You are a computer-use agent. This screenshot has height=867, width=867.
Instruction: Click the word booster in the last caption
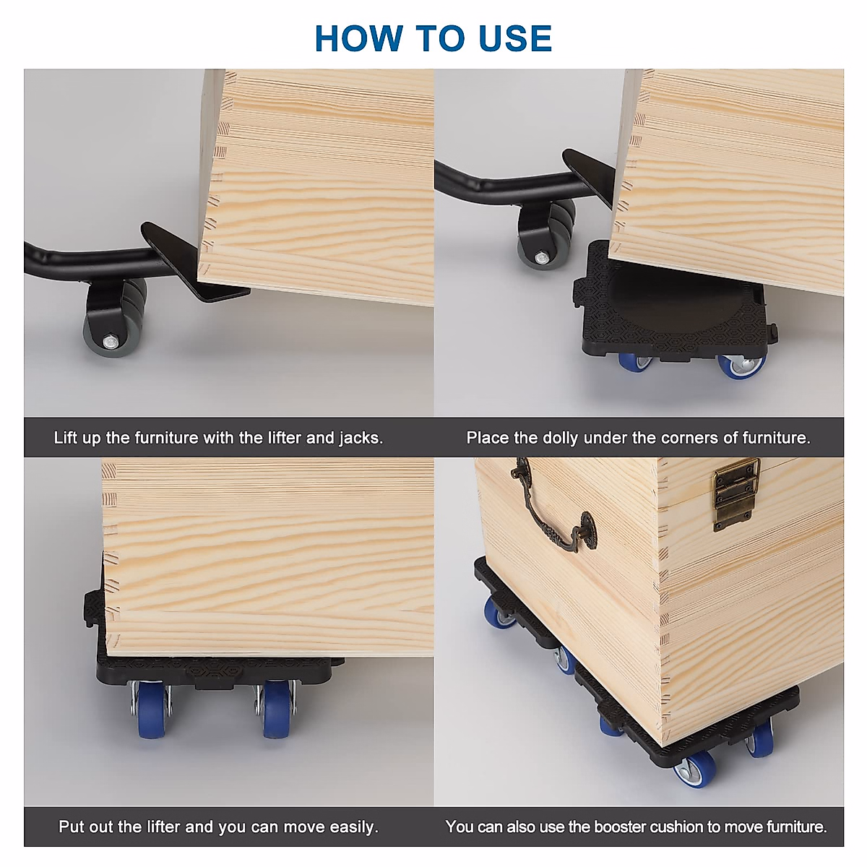tap(621, 827)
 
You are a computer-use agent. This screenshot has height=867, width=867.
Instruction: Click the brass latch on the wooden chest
tap(736, 493)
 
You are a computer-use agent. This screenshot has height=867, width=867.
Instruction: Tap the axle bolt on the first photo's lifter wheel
tap(110, 342)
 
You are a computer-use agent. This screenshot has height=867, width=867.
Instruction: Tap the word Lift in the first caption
tap(65, 438)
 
